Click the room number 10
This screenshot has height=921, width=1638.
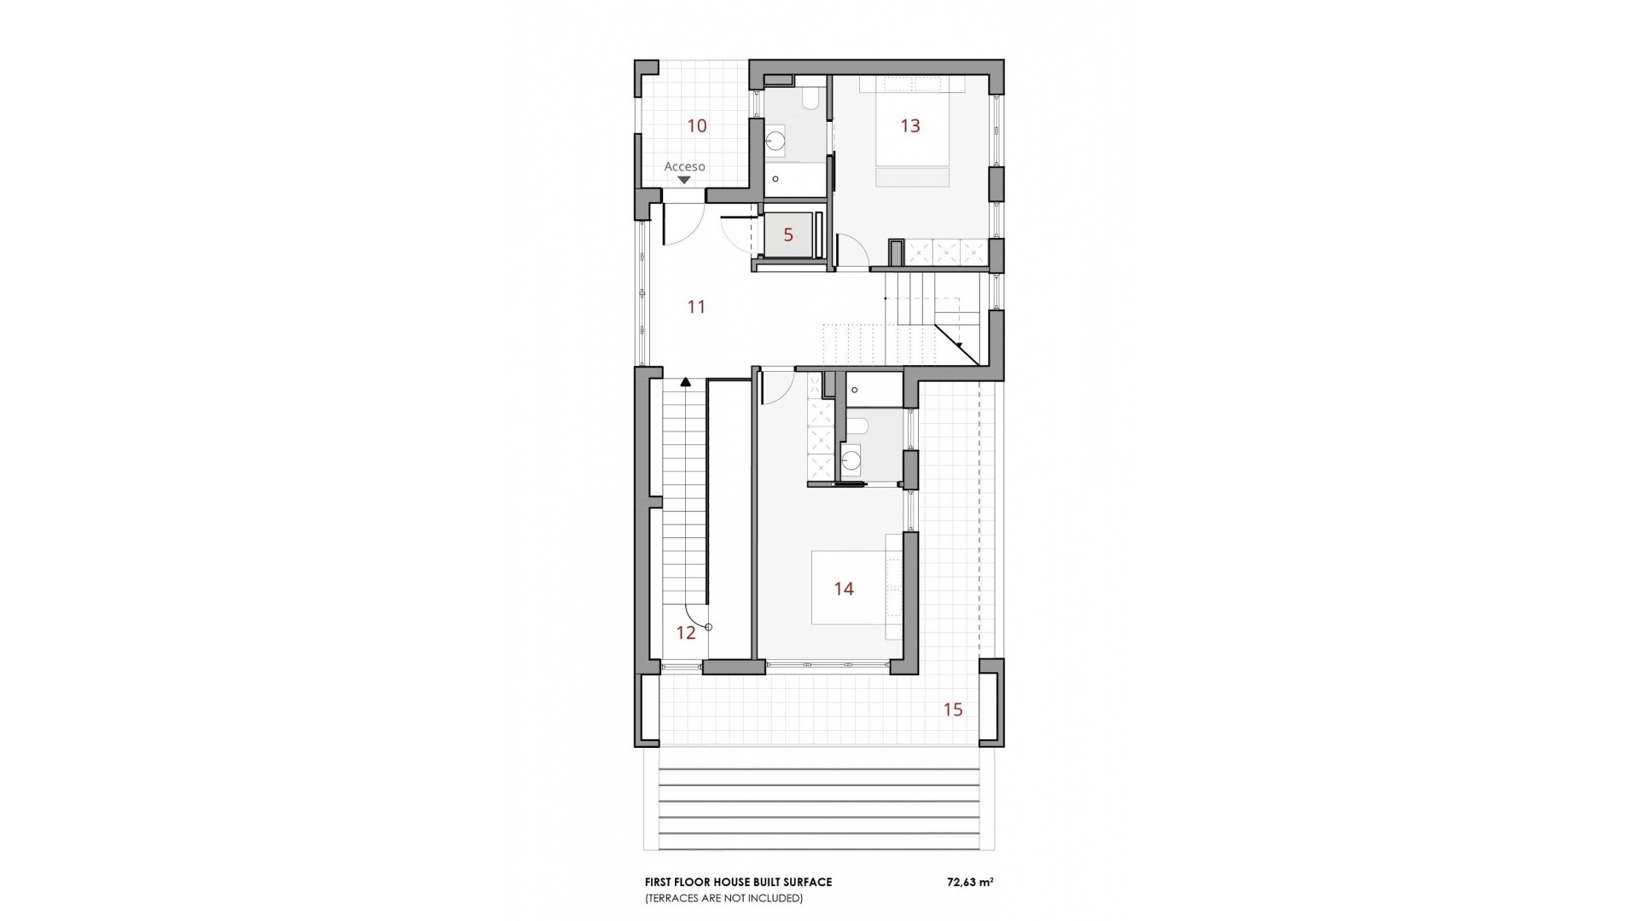click(697, 126)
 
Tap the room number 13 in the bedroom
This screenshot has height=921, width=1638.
click(910, 126)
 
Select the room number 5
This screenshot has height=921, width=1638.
click(788, 235)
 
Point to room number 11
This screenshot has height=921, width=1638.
click(697, 307)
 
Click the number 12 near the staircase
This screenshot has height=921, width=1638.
click(686, 633)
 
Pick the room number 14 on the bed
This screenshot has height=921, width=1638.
click(844, 588)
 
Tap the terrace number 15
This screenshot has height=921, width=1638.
click(953, 710)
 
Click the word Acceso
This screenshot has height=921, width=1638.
click(684, 166)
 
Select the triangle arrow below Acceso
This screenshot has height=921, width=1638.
click(684, 180)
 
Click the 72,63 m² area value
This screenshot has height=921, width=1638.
click(970, 883)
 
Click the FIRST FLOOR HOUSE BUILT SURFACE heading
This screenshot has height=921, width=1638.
click(738, 883)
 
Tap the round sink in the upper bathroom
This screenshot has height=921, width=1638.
click(775, 142)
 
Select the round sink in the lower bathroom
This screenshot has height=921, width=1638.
click(851, 463)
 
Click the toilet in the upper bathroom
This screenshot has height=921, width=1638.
click(811, 101)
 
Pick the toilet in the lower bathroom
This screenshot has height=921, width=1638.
click(858, 426)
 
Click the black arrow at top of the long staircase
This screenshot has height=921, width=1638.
click(685, 384)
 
